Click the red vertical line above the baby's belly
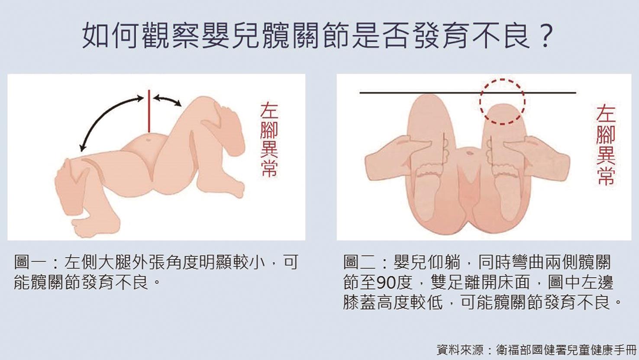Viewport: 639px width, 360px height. click(148, 111)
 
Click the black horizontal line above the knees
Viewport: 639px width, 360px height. click(468, 93)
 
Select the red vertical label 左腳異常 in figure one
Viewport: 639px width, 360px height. click(269, 140)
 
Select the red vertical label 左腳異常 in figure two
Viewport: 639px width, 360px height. click(605, 146)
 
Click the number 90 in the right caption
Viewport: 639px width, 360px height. click(386, 282)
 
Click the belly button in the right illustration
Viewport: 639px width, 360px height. click(469, 152)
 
